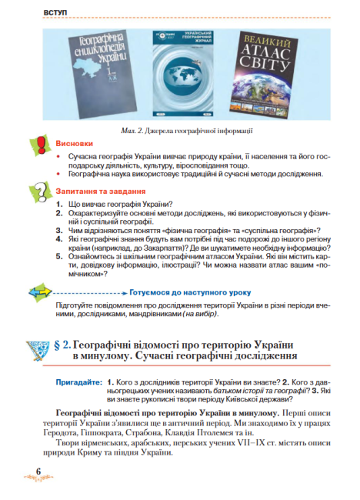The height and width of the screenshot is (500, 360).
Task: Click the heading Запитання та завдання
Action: click(100, 190)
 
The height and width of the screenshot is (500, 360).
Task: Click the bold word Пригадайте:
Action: click(79, 382)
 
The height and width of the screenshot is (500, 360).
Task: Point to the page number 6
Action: click(39, 472)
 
